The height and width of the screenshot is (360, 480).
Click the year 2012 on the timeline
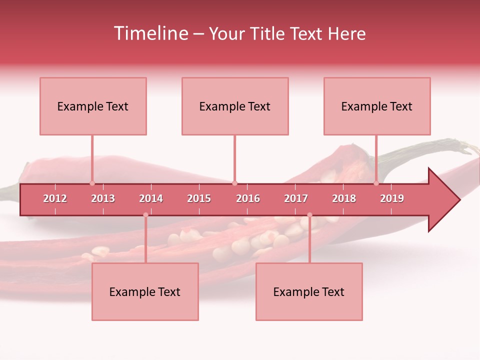coord(55,198)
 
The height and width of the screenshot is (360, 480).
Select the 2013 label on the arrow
coord(103,198)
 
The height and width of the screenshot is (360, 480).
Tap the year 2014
coord(151,198)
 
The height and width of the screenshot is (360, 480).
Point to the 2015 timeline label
coord(199,198)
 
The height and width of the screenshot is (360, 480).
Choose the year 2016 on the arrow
coord(248,198)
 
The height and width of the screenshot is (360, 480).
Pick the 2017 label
coord(296,198)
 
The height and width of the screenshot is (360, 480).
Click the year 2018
coord(344,198)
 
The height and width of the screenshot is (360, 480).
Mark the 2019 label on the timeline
coord(392,198)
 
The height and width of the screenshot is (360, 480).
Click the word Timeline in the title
coord(150,33)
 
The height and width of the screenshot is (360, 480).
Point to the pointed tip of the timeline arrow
coord(458,200)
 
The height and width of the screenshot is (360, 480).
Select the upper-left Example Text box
coord(93,106)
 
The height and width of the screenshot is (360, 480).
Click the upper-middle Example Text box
coord(235,106)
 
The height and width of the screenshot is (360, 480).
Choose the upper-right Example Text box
coord(377,106)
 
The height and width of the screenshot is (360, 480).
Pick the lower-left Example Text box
coord(145,291)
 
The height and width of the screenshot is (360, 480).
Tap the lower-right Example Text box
coord(309,291)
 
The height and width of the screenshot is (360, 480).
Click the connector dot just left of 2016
coord(235,183)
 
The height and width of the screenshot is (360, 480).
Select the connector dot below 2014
coord(145,215)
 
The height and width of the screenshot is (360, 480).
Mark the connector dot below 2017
coord(309,215)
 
